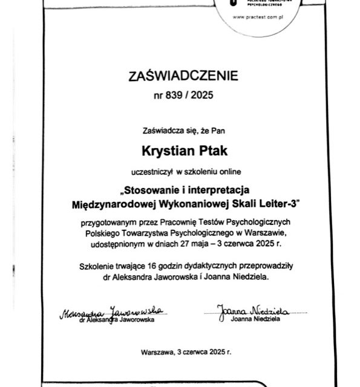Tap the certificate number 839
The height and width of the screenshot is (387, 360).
pyautogui.click(x=173, y=95)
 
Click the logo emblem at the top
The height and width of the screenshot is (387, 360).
pyautogui.click(x=231, y=4)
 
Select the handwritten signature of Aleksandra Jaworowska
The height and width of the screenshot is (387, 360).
pyautogui.click(x=113, y=312)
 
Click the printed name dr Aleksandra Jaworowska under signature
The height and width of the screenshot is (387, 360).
pyautogui.click(x=119, y=320)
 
